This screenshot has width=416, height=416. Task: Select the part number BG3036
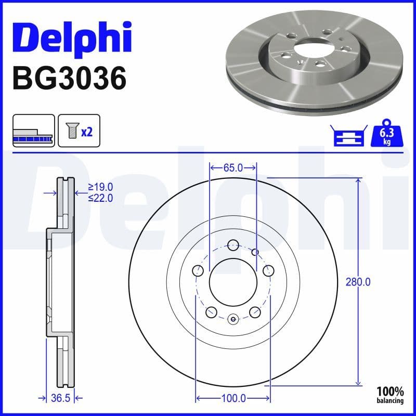[x=69, y=79]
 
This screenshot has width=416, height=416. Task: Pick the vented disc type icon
[x=33, y=131]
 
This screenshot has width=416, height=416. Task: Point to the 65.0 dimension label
[x=233, y=167]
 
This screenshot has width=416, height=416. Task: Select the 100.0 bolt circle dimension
[x=233, y=398]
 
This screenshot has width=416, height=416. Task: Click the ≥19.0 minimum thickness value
[x=100, y=187]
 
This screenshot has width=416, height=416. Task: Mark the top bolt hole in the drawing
[x=233, y=243]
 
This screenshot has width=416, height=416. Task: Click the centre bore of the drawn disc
[x=233, y=282]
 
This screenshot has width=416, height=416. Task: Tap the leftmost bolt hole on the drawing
[x=197, y=270]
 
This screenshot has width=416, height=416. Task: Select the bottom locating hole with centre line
[x=233, y=319]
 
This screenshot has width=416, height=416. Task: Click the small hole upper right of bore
[x=255, y=252]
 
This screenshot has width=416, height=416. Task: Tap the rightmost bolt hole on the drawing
[x=269, y=270]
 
